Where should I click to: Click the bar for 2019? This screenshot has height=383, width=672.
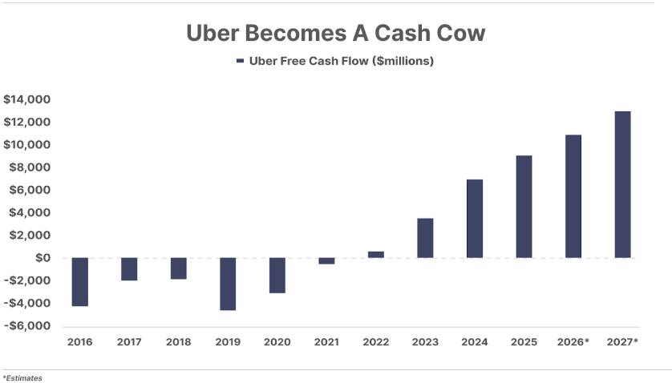click(228, 284)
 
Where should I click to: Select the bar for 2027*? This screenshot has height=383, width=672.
click(622, 184)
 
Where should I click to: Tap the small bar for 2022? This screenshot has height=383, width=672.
click(376, 255)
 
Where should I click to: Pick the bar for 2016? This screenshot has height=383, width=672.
click(80, 282)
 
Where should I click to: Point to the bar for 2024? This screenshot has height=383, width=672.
click(475, 219)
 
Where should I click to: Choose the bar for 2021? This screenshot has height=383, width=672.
click(326, 260)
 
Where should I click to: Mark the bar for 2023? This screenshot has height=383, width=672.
click(425, 238)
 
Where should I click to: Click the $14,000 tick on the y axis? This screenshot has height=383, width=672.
click(27, 99)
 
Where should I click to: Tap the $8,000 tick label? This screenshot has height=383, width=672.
click(30, 167)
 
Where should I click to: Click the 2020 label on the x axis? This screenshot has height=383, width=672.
click(277, 342)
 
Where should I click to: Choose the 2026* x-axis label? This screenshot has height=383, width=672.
click(573, 342)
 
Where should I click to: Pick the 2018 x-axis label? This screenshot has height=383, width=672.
click(178, 342)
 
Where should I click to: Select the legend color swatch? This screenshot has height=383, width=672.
click(239, 61)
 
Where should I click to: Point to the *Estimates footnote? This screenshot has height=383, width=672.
click(22, 377)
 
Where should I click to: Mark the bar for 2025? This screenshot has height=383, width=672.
click(524, 207)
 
